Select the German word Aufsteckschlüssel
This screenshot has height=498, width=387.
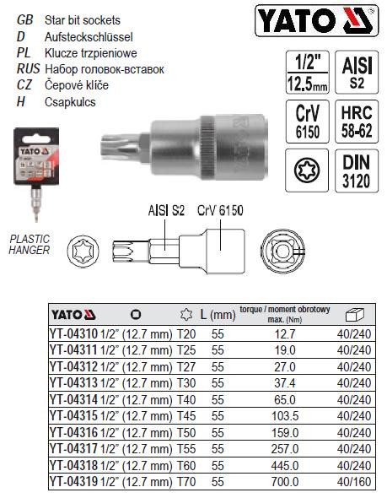point(87,37)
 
